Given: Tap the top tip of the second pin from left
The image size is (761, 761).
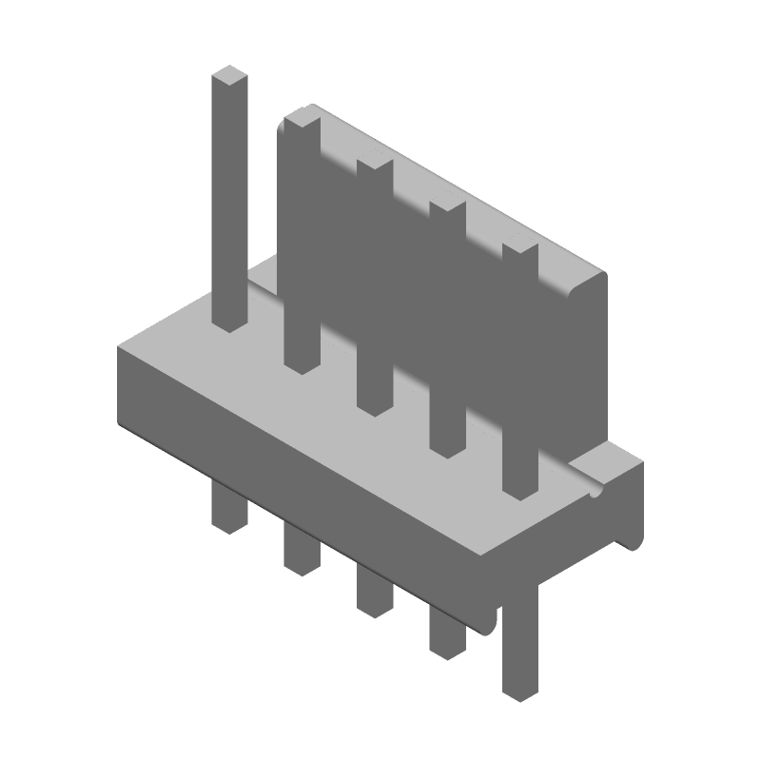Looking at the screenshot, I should click(x=302, y=117).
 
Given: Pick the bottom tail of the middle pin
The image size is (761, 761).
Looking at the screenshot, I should click(x=374, y=605).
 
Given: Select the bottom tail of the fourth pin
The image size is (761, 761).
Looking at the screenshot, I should click(x=446, y=647).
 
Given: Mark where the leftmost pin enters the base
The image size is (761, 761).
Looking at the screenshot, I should click(x=229, y=325).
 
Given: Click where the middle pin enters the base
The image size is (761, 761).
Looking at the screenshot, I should click(x=375, y=407).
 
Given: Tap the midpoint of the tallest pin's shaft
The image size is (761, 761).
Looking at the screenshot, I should click(x=229, y=200).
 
